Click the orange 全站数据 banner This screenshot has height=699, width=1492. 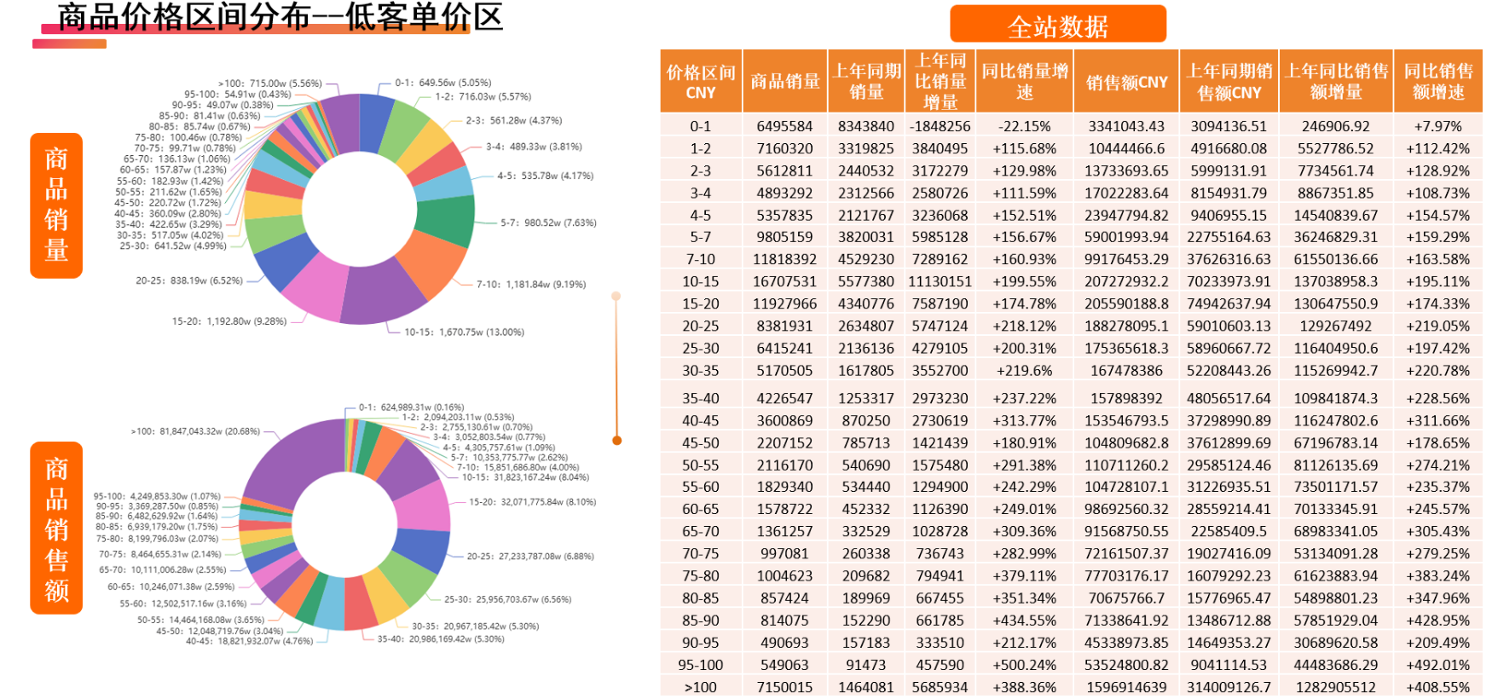pos(1057,25)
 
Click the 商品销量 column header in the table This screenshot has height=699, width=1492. pos(784,82)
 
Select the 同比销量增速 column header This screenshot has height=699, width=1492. pos(1024,82)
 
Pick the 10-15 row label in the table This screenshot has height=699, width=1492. pos(700,281)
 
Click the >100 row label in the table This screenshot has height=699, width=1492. pos(700,687)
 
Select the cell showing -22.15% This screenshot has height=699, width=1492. pos(1024,126)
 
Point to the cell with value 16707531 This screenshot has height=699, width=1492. pos(784,281)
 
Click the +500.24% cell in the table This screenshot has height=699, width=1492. pos(1024,665)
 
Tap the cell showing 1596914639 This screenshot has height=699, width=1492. pos(1126,687)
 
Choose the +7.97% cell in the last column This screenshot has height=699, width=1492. pos(1437,126)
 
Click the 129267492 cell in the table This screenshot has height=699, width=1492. pos(1335,326)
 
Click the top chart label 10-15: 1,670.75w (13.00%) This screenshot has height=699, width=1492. pos(464,332)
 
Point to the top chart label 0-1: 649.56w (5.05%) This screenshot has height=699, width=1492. pos(442,83)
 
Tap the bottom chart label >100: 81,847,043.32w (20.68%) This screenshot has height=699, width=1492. pos(195,431)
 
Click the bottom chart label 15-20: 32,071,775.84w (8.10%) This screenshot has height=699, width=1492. pos(532,502)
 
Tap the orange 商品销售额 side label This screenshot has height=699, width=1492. pos(56,529)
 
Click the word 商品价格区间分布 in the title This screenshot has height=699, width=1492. pos(183,17)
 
